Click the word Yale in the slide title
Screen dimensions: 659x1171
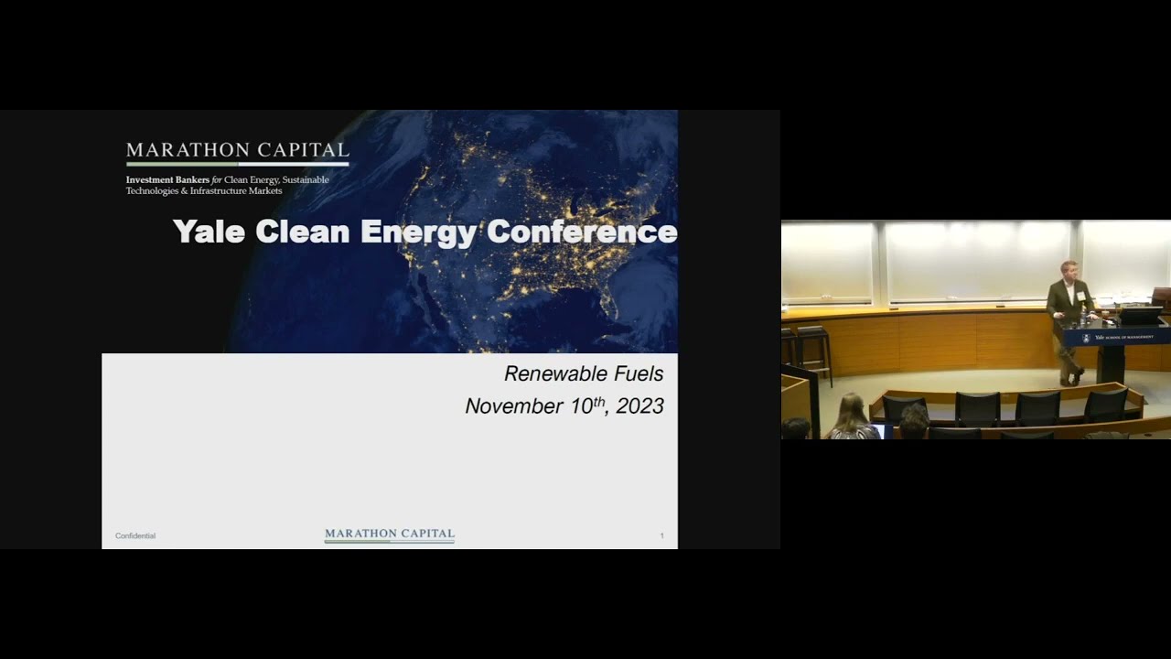click(x=209, y=232)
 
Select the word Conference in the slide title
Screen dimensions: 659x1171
click(x=582, y=232)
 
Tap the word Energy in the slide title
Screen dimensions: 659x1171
click(x=419, y=232)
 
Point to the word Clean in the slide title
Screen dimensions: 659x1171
click(x=303, y=232)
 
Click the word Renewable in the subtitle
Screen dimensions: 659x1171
click(x=557, y=373)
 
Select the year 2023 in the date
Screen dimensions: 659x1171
click(x=640, y=406)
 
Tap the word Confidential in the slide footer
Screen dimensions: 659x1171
click(x=135, y=535)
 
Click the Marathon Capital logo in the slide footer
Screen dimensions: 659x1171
click(x=390, y=535)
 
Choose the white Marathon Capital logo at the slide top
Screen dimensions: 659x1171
click(x=238, y=151)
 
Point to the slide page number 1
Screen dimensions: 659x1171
click(x=661, y=535)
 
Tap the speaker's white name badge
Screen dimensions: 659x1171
click(x=1080, y=295)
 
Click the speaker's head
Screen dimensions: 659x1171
click(x=1067, y=270)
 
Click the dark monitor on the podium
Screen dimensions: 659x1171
click(x=1139, y=316)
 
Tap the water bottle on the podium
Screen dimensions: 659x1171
click(x=1083, y=317)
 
